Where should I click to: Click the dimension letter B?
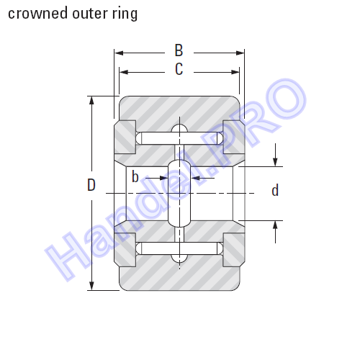(x=179, y=50)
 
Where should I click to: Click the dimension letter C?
(x=179, y=69)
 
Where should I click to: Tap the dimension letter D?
(x=91, y=185)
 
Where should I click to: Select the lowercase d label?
(x=275, y=190)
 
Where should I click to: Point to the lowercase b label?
(x=135, y=177)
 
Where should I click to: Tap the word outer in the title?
(x=90, y=14)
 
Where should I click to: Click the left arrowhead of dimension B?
(x=119, y=53)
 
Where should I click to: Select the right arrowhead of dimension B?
(x=240, y=53)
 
